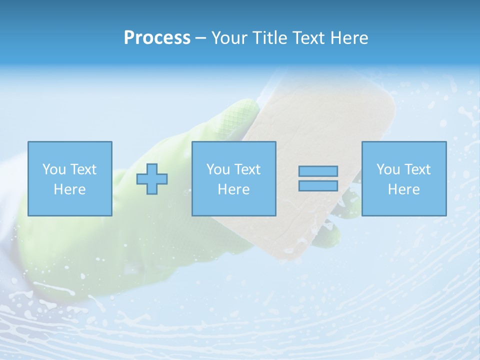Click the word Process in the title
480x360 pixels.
click(x=157, y=38)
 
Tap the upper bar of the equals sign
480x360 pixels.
click(x=318, y=171)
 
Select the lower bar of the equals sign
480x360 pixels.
click(x=318, y=185)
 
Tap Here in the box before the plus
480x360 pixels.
click(x=70, y=189)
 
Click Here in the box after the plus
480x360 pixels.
click(x=234, y=189)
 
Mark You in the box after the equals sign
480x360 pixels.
click(x=387, y=169)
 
